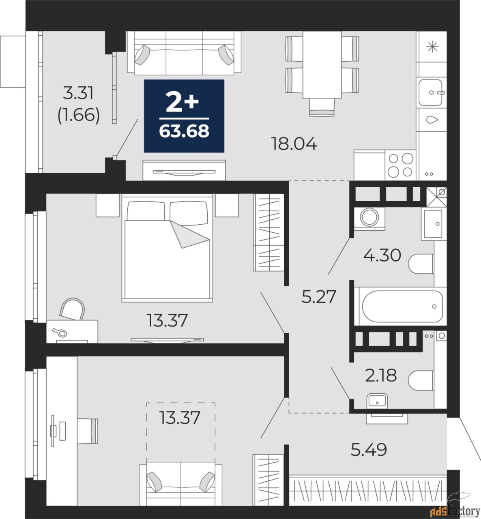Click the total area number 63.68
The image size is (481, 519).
click(x=184, y=131)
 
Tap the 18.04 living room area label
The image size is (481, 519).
click(x=294, y=144)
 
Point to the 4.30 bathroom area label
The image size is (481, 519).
click(x=382, y=255)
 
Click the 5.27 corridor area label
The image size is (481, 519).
click(x=319, y=297)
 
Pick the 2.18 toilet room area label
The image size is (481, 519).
click(x=381, y=375)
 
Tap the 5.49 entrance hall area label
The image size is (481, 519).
click(x=369, y=450)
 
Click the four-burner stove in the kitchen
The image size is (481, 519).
click(x=400, y=165)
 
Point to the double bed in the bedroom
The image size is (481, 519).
click(x=167, y=248)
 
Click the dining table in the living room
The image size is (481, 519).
click(x=322, y=65)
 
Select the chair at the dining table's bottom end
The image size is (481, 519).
click(x=322, y=107)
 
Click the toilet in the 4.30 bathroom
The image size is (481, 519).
click(x=421, y=264)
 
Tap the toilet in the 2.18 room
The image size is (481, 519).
click(x=421, y=380)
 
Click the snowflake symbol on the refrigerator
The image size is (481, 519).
click(x=432, y=47)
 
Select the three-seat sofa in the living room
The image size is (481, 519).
click(x=184, y=53)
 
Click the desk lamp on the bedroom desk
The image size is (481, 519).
click(x=60, y=332)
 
